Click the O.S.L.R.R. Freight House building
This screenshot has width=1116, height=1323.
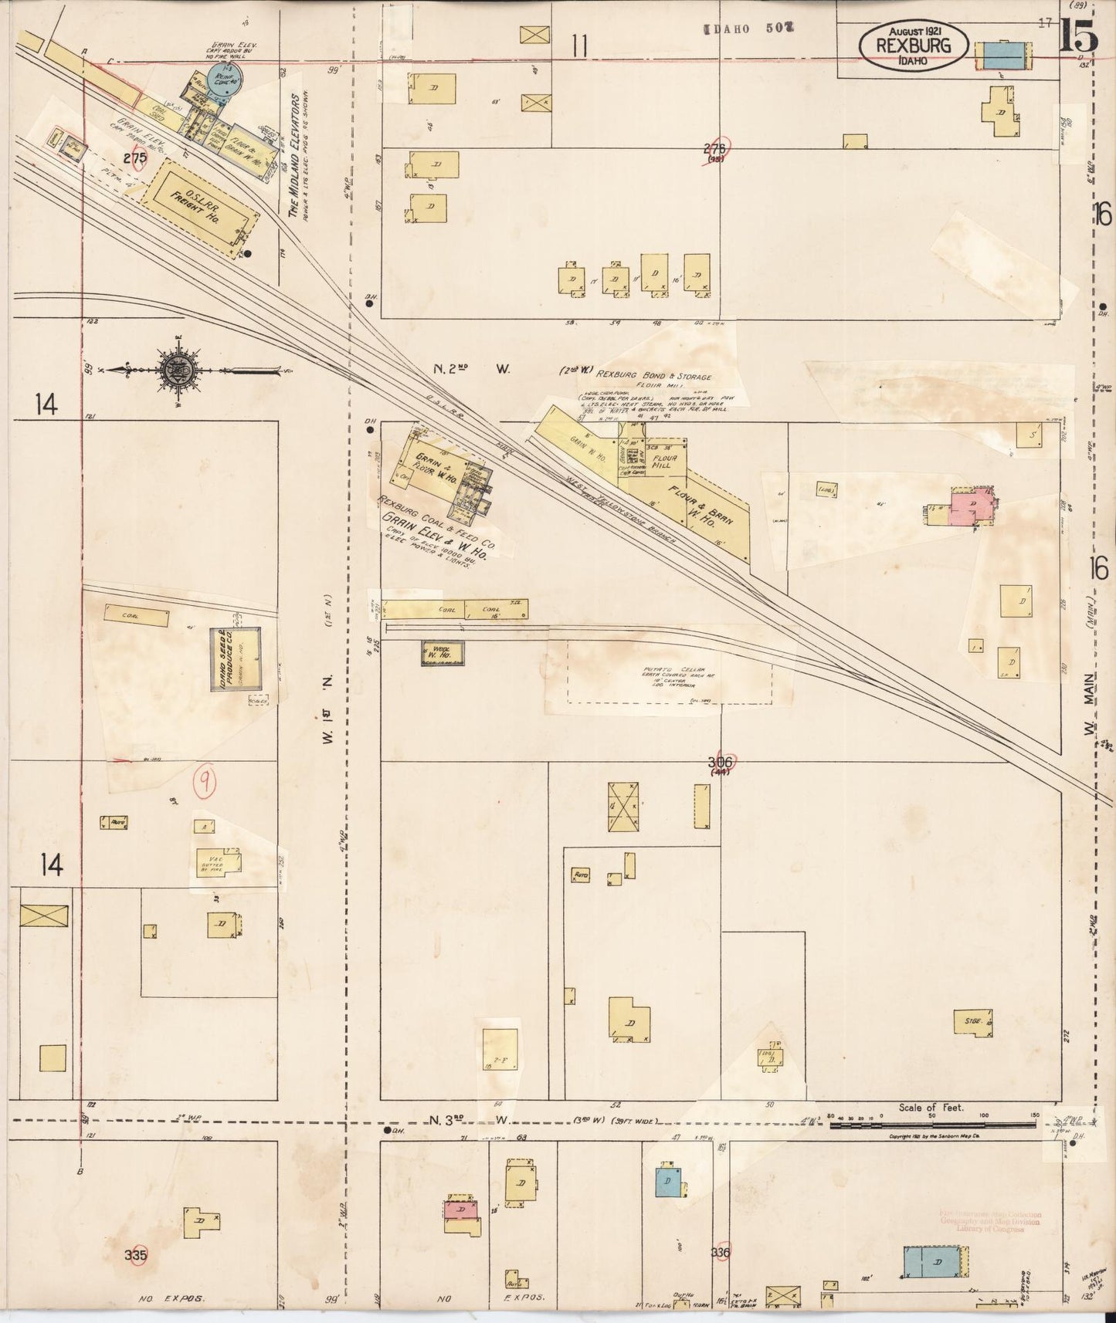(200, 205)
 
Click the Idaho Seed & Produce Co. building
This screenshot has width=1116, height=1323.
(236, 658)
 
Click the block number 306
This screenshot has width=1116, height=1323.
(721, 763)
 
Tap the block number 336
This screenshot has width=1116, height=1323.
(721, 1251)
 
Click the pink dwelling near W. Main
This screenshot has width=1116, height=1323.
(972, 507)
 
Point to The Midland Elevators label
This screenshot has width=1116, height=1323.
(294, 154)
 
